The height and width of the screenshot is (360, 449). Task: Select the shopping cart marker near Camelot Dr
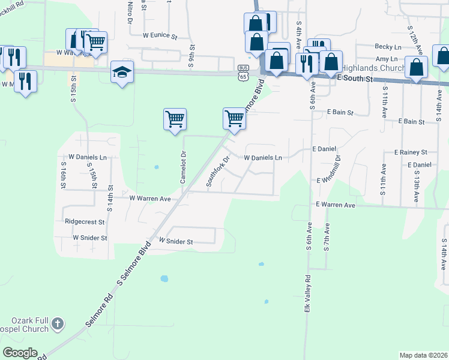click(175, 119)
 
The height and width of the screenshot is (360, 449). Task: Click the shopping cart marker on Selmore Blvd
click(234, 118)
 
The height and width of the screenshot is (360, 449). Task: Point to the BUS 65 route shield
click(243, 72)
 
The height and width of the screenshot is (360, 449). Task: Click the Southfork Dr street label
click(218, 172)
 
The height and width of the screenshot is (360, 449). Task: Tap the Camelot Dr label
click(178, 163)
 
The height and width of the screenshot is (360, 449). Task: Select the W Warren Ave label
click(151, 197)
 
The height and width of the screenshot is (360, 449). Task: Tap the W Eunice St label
click(160, 36)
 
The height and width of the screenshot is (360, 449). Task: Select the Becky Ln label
click(388, 47)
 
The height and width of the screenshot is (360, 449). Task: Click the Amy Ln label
click(386, 59)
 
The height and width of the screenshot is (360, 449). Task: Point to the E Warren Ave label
click(336, 205)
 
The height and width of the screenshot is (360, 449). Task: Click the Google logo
click(20, 353)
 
